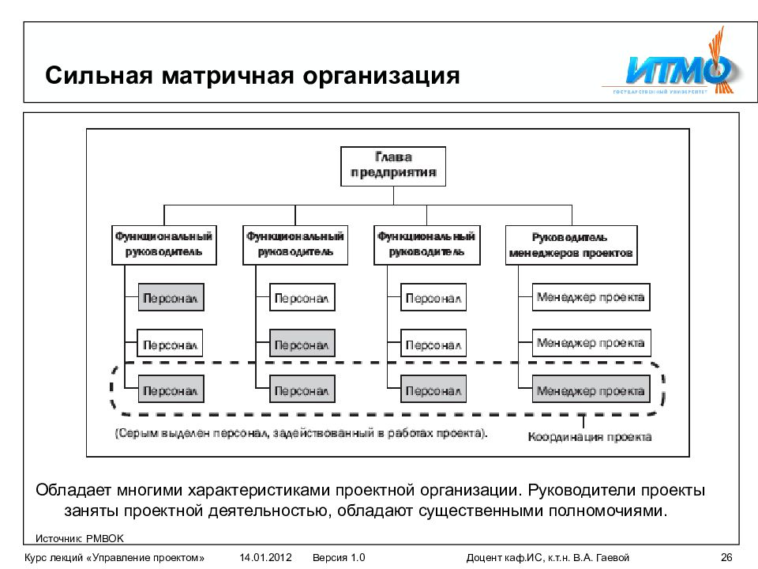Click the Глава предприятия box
(x=392, y=166)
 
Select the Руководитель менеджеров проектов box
(x=571, y=245)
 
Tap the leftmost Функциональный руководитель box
(x=163, y=244)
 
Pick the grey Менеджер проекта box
(x=591, y=390)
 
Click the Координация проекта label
(x=590, y=436)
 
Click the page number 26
(x=727, y=557)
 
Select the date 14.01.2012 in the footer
(x=266, y=557)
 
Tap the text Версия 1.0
(x=339, y=557)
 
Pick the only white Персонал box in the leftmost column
(x=171, y=344)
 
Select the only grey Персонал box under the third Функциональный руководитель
(x=433, y=390)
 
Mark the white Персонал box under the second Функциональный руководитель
(x=302, y=298)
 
